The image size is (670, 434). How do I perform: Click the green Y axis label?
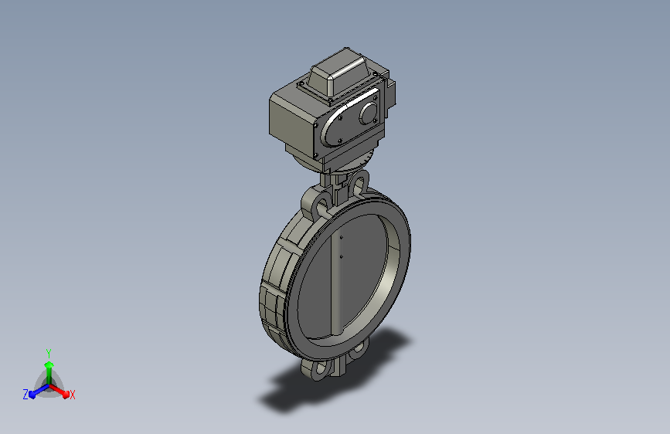coord(49,353)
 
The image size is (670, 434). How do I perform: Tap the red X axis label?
coord(72,395)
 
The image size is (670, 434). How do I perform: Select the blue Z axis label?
coord(26,395)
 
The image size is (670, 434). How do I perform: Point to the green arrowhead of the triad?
coord(49,364)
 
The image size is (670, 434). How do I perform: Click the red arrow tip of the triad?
coord(66,394)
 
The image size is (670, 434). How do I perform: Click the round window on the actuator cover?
coord(369,114)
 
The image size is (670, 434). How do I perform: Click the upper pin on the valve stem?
coord(341,238)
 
